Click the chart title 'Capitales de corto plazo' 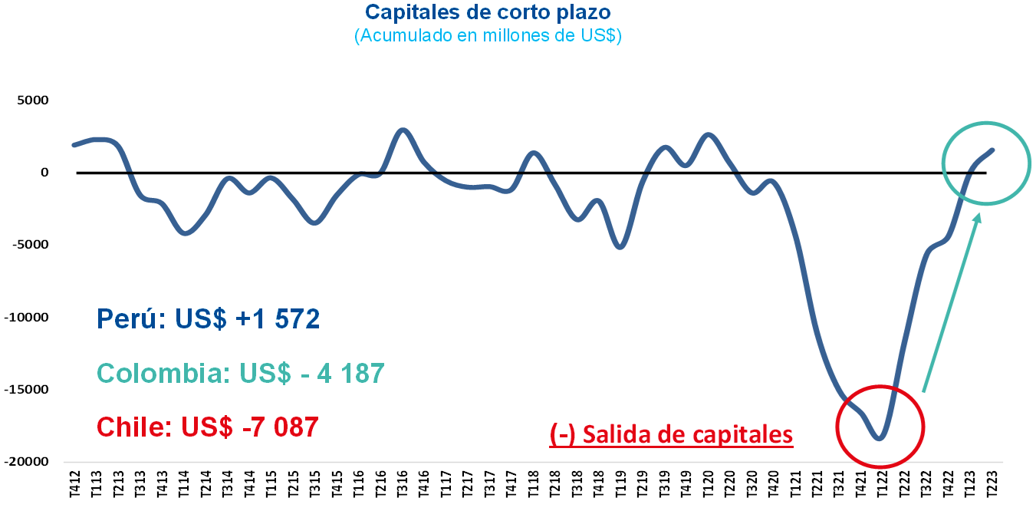(x=488, y=12)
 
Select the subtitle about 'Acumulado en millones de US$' (x=488, y=36)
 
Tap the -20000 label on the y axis (x=27, y=461)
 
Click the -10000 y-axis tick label (x=27, y=317)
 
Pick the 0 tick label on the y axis (x=44, y=173)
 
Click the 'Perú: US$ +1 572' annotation (x=209, y=318)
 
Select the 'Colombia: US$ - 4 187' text (x=241, y=374)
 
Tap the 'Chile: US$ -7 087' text (x=208, y=427)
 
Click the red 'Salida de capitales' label (x=671, y=434)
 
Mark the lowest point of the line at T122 (x=880, y=439)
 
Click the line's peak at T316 (x=403, y=130)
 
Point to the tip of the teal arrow (x=979, y=214)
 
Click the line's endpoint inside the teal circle (x=993, y=150)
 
